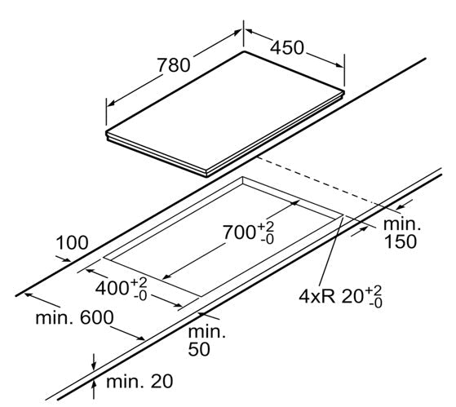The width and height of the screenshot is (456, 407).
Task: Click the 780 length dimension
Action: click(x=174, y=65)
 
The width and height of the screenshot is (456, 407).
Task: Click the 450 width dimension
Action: click(x=287, y=47)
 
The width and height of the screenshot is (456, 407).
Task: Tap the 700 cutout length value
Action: click(x=239, y=232)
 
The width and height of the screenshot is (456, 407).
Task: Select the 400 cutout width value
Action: click(x=112, y=289)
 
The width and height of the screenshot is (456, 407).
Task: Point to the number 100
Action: click(x=72, y=243)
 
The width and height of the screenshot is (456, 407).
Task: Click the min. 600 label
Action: click(x=74, y=317)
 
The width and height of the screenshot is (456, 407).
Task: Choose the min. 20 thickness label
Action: click(x=139, y=381)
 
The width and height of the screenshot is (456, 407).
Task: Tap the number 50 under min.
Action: click(x=199, y=349)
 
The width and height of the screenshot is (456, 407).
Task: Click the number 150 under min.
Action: click(x=401, y=241)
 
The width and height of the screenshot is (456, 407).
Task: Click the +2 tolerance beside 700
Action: click(x=266, y=226)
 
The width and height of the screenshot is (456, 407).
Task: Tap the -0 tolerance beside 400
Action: click(x=140, y=296)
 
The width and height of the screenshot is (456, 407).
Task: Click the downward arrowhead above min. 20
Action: click(x=94, y=367)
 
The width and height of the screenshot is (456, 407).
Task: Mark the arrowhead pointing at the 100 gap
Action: click(x=66, y=259)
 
